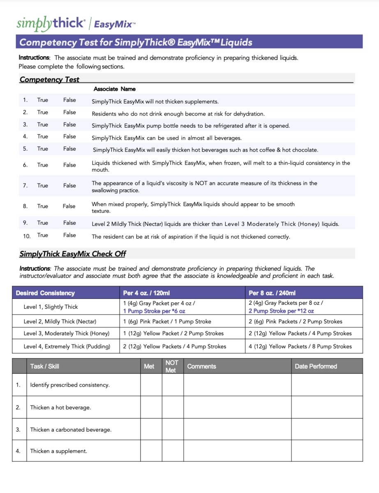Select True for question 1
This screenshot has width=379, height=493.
(x=43, y=100)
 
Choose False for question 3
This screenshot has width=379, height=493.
(x=69, y=124)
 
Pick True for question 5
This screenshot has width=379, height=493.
(x=43, y=149)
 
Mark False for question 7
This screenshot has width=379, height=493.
(x=69, y=186)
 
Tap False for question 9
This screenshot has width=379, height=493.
(x=69, y=223)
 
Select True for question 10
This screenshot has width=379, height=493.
(x=43, y=235)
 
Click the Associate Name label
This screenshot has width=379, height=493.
(x=114, y=89)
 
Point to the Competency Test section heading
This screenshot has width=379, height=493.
(x=49, y=80)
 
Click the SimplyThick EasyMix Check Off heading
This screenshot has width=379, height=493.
(x=73, y=254)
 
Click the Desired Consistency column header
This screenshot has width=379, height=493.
(x=45, y=293)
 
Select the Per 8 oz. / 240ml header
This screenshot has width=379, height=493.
(x=272, y=293)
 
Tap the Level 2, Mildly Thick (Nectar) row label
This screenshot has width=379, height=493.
(x=60, y=321)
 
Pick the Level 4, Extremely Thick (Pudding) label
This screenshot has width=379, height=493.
(x=67, y=346)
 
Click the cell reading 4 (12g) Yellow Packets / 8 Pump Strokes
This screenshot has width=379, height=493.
(x=300, y=346)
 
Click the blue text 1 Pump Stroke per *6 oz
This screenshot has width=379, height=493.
(x=154, y=311)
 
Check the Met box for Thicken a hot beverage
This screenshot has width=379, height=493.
(x=151, y=407)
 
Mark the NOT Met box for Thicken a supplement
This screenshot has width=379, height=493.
(x=172, y=451)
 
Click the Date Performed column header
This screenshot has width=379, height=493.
(x=316, y=366)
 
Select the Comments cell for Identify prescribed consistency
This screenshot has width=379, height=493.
(x=237, y=385)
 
